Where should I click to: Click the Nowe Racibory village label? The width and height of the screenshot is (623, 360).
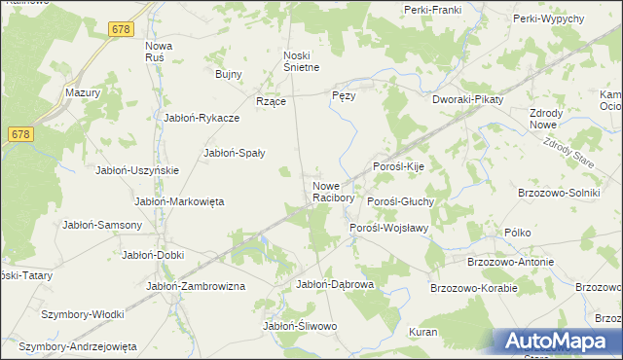pyautogui.click(x=332, y=192)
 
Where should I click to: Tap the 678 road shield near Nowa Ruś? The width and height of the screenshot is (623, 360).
pyautogui.click(x=121, y=30)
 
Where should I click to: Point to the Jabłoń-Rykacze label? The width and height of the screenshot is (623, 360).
pyautogui.click(x=202, y=118)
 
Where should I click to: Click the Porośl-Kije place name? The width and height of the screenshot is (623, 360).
pyautogui.click(x=399, y=166)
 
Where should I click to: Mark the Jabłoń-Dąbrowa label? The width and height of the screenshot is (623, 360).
pyautogui.click(x=334, y=284)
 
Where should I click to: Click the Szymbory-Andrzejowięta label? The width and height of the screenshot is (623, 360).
pyautogui.click(x=78, y=346)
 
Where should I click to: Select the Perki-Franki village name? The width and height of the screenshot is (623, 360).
pyautogui.click(x=431, y=10)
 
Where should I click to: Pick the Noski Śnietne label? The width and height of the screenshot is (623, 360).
pyautogui.click(x=301, y=60)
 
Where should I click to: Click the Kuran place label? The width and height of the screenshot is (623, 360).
pyautogui.click(x=422, y=332)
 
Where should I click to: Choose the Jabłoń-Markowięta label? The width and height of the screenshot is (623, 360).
pyautogui.click(x=179, y=201)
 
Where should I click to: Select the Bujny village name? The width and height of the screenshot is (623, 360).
pyautogui.click(x=228, y=73)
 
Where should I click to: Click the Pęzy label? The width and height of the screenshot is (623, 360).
pyautogui.click(x=344, y=96)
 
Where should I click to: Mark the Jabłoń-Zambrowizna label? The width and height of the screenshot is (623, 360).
pyautogui.click(x=195, y=286)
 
